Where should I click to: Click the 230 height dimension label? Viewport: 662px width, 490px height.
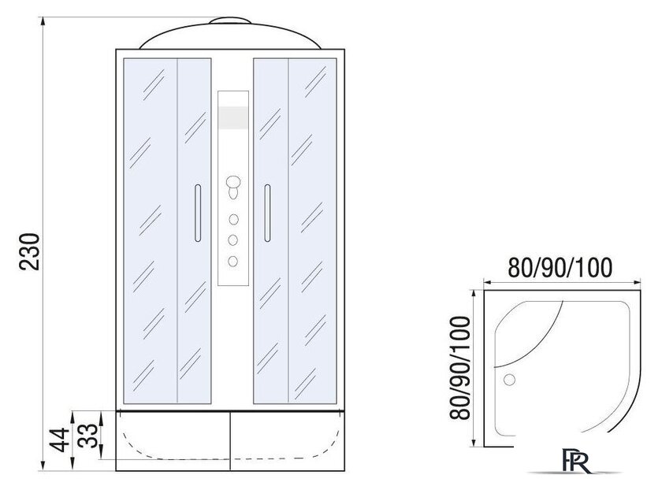30,251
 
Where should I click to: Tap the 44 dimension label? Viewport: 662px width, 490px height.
58,440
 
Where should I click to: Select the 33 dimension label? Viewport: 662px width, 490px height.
88,435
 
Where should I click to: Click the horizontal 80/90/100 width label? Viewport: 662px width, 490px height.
560,268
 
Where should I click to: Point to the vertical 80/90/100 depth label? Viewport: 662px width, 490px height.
459,368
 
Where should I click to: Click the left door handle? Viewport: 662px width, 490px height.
198,213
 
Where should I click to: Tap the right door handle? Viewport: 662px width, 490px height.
267,213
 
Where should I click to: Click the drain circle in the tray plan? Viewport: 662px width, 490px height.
510,380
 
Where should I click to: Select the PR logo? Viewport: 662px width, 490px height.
576,461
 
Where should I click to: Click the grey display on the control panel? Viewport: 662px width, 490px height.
233,117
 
